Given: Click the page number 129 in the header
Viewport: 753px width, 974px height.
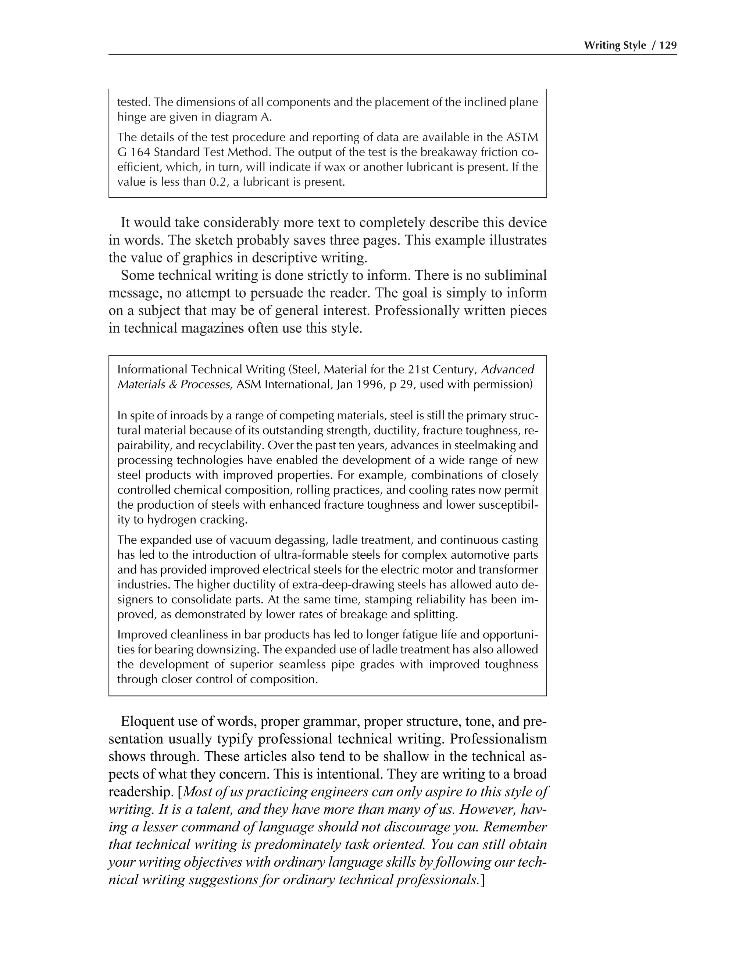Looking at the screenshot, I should coord(667,46).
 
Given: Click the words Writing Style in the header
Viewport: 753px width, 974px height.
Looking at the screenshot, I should coord(615,46).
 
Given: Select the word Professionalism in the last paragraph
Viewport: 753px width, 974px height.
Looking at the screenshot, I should coord(498,739).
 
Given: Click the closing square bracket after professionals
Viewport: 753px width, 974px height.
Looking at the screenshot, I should coord(482,880).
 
